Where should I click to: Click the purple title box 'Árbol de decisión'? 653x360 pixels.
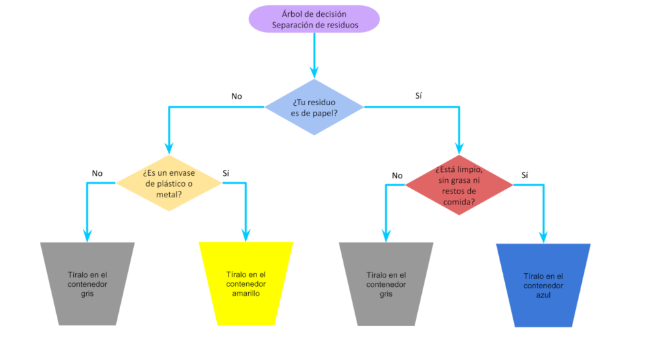[x=313, y=19]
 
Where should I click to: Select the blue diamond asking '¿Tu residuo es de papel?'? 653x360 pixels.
[x=313, y=107]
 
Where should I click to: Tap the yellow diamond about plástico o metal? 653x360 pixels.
[x=168, y=184]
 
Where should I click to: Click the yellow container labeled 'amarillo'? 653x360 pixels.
[x=246, y=284]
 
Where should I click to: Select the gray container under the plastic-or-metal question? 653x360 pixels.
[x=87, y=284]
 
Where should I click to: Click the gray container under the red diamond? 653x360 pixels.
[x=385, y=284]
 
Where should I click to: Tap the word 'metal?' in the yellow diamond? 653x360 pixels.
[x=168, y=194]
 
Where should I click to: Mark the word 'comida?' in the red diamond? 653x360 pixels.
[x=458, y=202]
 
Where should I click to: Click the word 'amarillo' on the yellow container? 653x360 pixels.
[x=246, y=293]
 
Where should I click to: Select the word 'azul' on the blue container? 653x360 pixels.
[x=543, y=295]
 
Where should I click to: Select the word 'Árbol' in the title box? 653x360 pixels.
[x=293, y=14]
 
